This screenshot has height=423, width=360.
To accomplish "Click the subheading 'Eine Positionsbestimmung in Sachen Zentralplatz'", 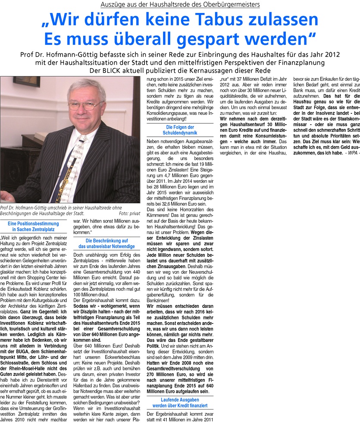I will coord(36,227).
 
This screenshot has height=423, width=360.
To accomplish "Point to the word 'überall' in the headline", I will coord(134,39).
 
